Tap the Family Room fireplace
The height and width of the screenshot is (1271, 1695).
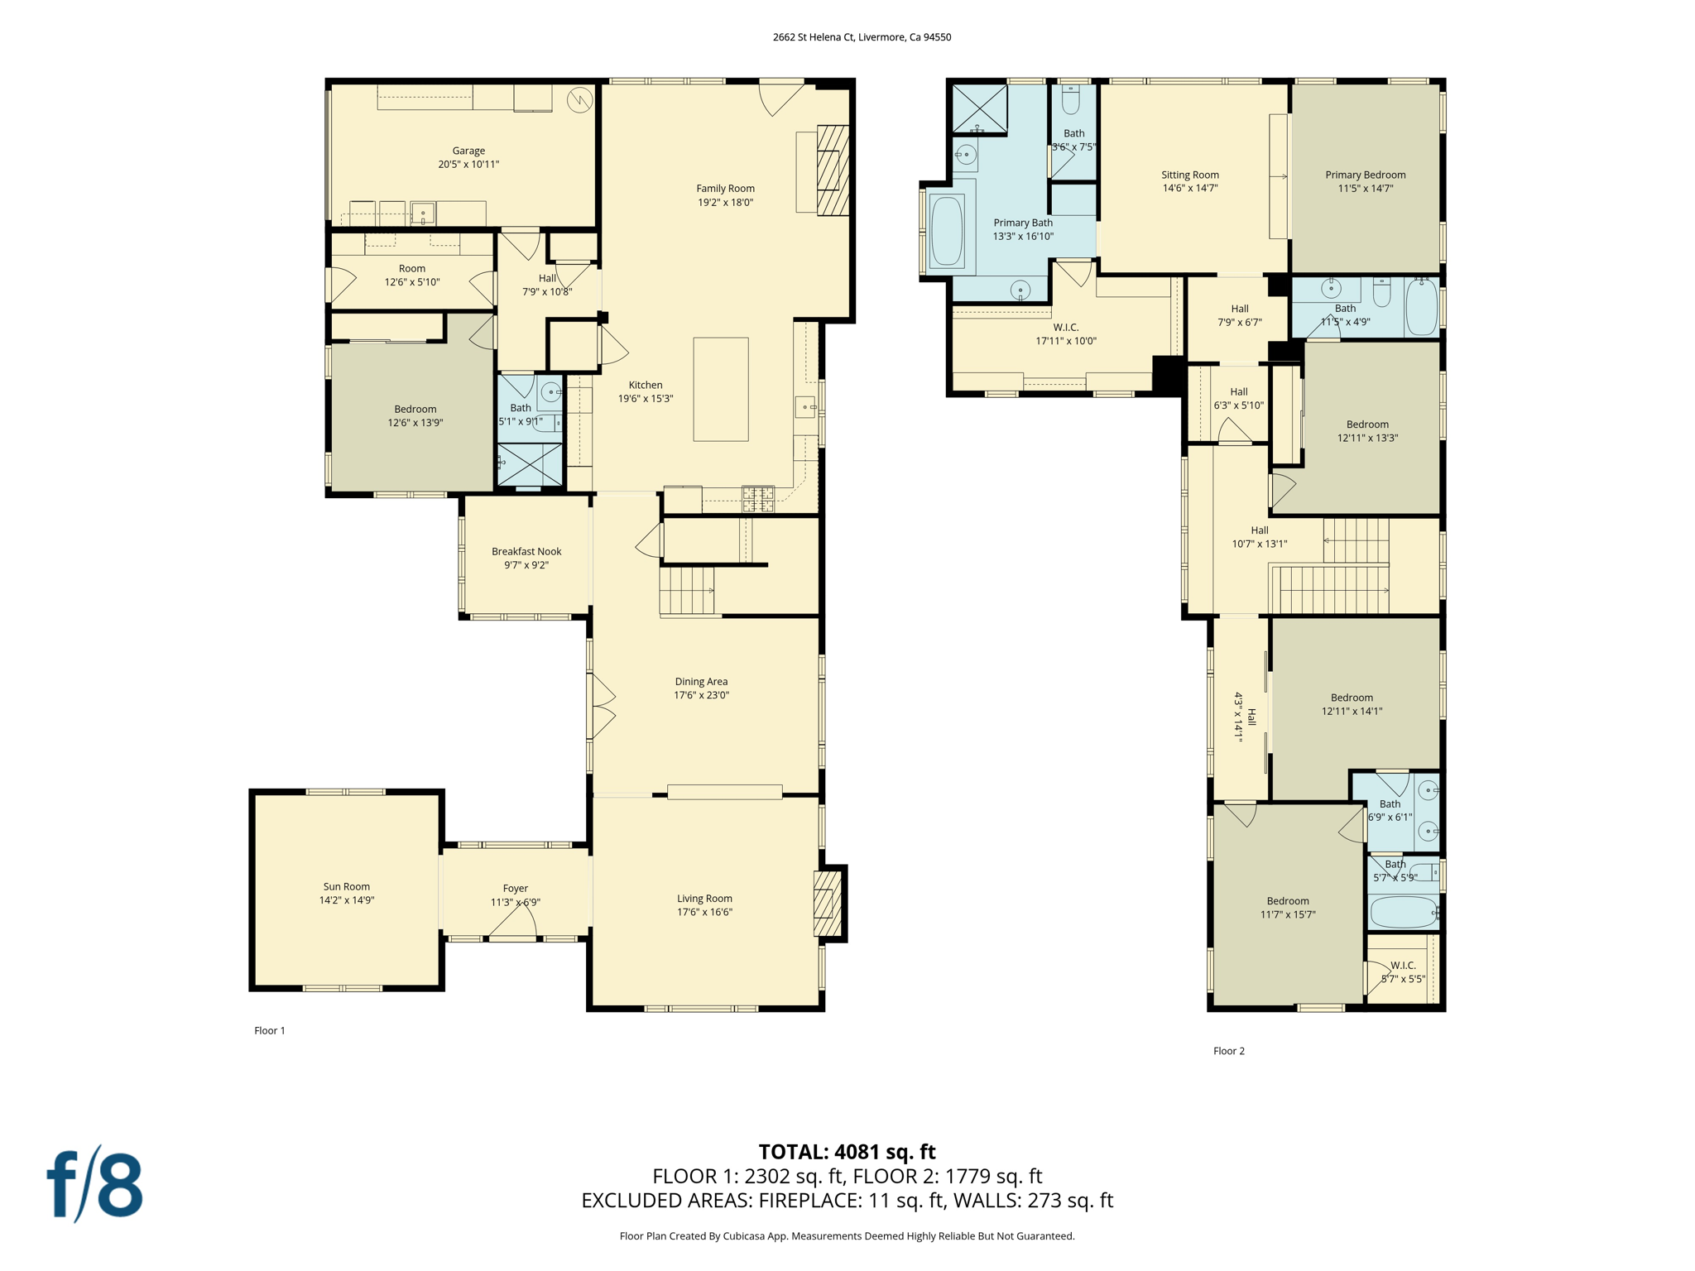click(x=833, y=170)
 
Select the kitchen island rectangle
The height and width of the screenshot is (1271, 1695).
click(x=721, y=389)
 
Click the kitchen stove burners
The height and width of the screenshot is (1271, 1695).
click(x=758, y=498)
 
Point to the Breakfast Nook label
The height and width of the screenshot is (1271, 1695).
click(x=526, y=558)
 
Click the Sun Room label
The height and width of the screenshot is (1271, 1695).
click(x=347, y=893)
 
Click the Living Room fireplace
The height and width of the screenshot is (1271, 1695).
click(x=828, y=903)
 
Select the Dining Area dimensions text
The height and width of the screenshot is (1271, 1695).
click(x=701, y=695)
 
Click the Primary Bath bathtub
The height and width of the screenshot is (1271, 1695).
click(x=947, y=230)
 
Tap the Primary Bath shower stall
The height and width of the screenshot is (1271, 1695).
click(x=979, y=108)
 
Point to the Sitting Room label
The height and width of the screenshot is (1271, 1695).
click(x=1190, y=181)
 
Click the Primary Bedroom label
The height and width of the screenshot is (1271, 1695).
click(x=1366, y=181)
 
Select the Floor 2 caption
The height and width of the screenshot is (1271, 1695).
click(x=1229, y=1051)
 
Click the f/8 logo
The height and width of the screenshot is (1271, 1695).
click(x=94, y=1183)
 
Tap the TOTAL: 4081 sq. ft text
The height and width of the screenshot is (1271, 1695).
click(x=847, y=1152)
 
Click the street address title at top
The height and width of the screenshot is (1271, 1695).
click(x=862, y=37)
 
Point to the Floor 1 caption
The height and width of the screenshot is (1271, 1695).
click(x=270, y=1030)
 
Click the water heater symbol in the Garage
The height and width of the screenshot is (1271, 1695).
click(x=580, y=100)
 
